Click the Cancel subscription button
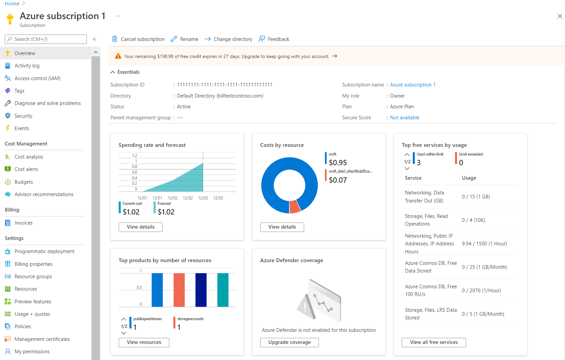click(138, 39)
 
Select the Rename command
click(184, 39)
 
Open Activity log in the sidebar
click(27, 66)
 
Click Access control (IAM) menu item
click(37, 78)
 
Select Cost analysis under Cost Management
click(29, 157)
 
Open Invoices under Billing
click(23, 223)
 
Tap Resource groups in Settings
click(33, 277)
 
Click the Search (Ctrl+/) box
click(46, 39)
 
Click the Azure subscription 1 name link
click(412, 85)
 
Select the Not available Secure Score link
click(404, 118)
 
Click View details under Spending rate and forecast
click(140, 227)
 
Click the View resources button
click(144, 342)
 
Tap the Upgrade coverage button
click(289, 342)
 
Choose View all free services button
click(434, 342)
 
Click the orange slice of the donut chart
click(294, 206)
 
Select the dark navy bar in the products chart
click(201, 290)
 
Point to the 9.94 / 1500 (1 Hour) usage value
click(484, 244)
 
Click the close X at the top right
click(560, 16)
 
